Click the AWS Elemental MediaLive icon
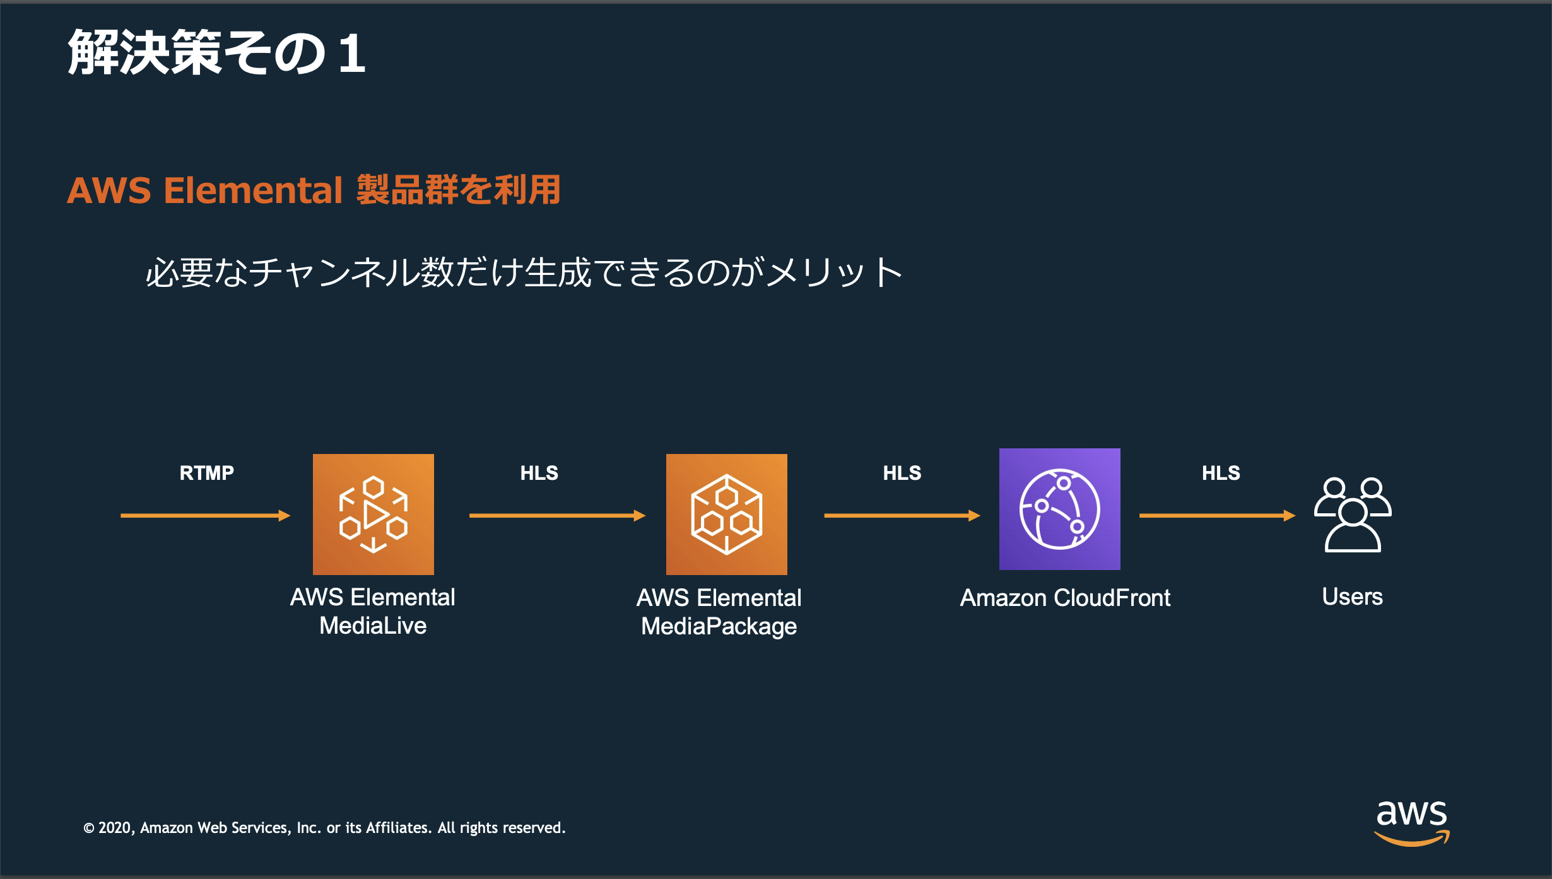tap(373, 514)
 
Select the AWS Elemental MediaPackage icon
tap(726, 514)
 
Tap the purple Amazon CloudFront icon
tap(1059, 509)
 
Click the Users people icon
tap(1353, 515)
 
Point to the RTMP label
tap(206, 473)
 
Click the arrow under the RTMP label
tap(205, 516)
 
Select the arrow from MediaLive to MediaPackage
tap(557, 516)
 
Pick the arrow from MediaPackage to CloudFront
tap(902, 516)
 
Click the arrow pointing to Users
tap(1216, 516)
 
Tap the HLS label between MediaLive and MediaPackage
tap(539, 473)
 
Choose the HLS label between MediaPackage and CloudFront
tap(902, 473)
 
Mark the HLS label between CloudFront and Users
tap(1221, 473)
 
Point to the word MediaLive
tap(373, 626)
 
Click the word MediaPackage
tap(719, 626)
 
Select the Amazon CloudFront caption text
tap(1065, 598)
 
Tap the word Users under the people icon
tap(1352, 597)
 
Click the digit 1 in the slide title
tap(351, 54)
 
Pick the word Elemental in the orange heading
tap(253, 190)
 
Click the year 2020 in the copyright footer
tap(114, 828)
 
